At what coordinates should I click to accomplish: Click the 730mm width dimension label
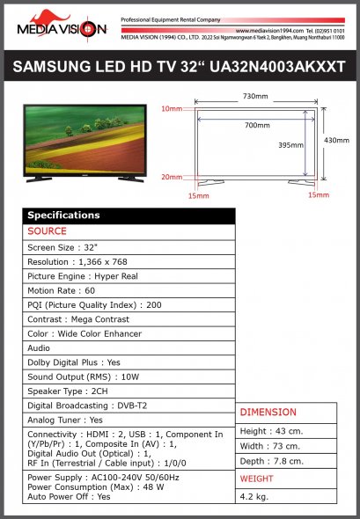pos(255,96)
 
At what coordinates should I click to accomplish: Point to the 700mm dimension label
pos(257,126)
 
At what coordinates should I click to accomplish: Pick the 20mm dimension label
pos(172,177)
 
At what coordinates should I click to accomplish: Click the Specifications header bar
pos(129,216)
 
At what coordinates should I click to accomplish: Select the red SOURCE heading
pos(47,231)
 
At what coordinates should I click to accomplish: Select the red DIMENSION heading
pos(268,412)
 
